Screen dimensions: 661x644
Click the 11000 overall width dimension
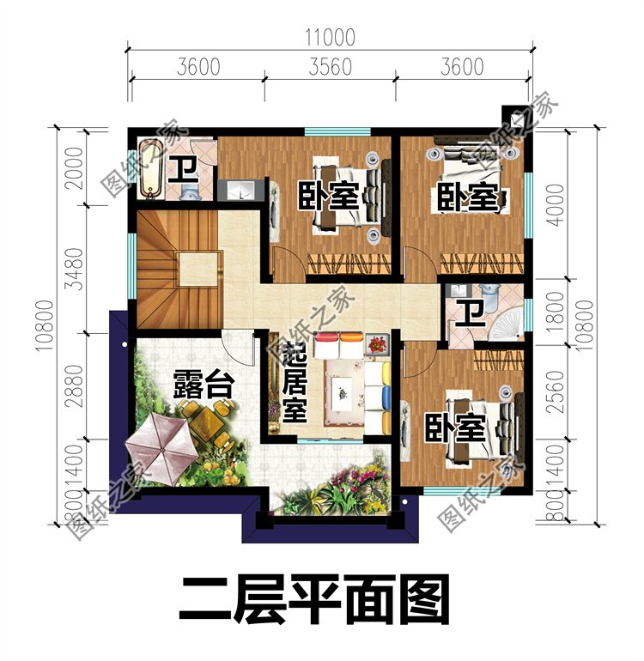(x=329, y=36)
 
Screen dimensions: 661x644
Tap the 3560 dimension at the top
(x=329, y=66)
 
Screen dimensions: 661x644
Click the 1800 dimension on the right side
(x=556, y=310)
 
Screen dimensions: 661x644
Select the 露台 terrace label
(x=203, y=384)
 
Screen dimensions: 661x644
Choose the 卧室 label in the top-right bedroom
(x=465, y=197)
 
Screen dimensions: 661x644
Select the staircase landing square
(x=197, y=270)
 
